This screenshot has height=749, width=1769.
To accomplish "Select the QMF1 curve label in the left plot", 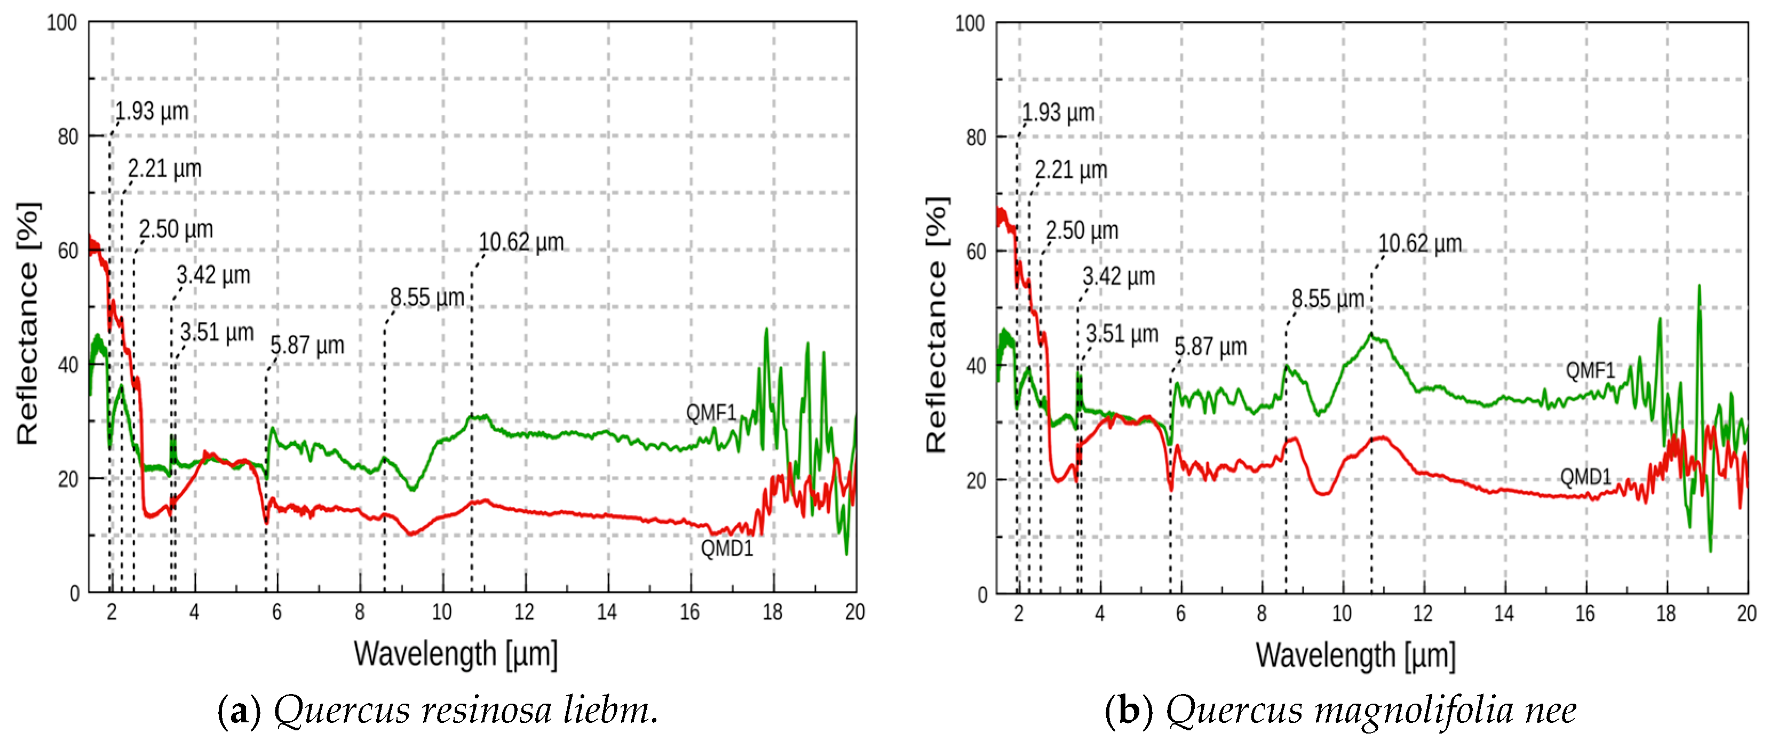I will (711, 412).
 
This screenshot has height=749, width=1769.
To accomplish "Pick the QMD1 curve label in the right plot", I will (1585, 476).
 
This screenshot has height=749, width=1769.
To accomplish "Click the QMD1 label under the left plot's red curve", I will (727, 548).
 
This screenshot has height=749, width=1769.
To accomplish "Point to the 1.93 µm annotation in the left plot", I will (151, 110).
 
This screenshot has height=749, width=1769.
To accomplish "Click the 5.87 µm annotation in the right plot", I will (1210, 347).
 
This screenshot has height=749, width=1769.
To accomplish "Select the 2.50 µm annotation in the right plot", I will (1082, 230).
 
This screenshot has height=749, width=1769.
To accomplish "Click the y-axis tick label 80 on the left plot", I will (68, 137).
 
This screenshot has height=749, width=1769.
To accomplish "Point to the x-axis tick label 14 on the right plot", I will (1504, 613).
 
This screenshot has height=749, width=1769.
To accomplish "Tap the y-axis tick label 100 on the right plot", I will (970, 23).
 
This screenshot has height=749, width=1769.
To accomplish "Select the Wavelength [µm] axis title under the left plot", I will (455, 654).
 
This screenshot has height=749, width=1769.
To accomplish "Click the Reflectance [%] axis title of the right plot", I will (936, 325).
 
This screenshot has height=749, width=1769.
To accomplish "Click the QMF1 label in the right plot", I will (1590, 370).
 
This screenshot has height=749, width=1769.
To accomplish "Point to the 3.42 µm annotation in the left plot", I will (213, 275).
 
